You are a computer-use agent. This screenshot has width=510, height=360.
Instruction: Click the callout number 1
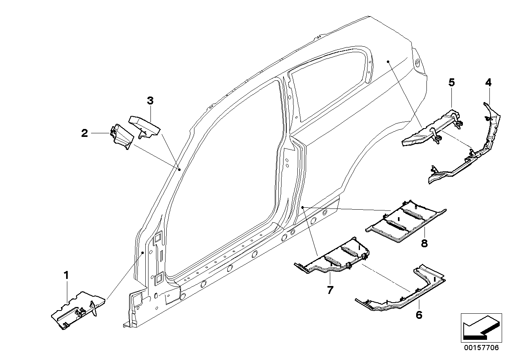coord(67,275)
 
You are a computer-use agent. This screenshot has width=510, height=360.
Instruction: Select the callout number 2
coord(84,133)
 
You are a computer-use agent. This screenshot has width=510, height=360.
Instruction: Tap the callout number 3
coord(150,101)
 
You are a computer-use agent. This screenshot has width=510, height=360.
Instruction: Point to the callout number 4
coord(488,83)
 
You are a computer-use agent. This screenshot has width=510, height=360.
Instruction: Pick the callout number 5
coord(451,83)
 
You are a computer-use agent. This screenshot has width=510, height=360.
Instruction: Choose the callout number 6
coord(419,315)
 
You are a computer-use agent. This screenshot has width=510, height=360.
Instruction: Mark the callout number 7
coord(330,290)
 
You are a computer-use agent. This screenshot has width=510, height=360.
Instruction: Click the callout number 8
coord(424,243)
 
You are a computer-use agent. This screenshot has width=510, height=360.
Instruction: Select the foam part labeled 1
coord(77,309)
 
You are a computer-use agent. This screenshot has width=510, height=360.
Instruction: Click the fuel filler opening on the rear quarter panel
coord(417,63)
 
